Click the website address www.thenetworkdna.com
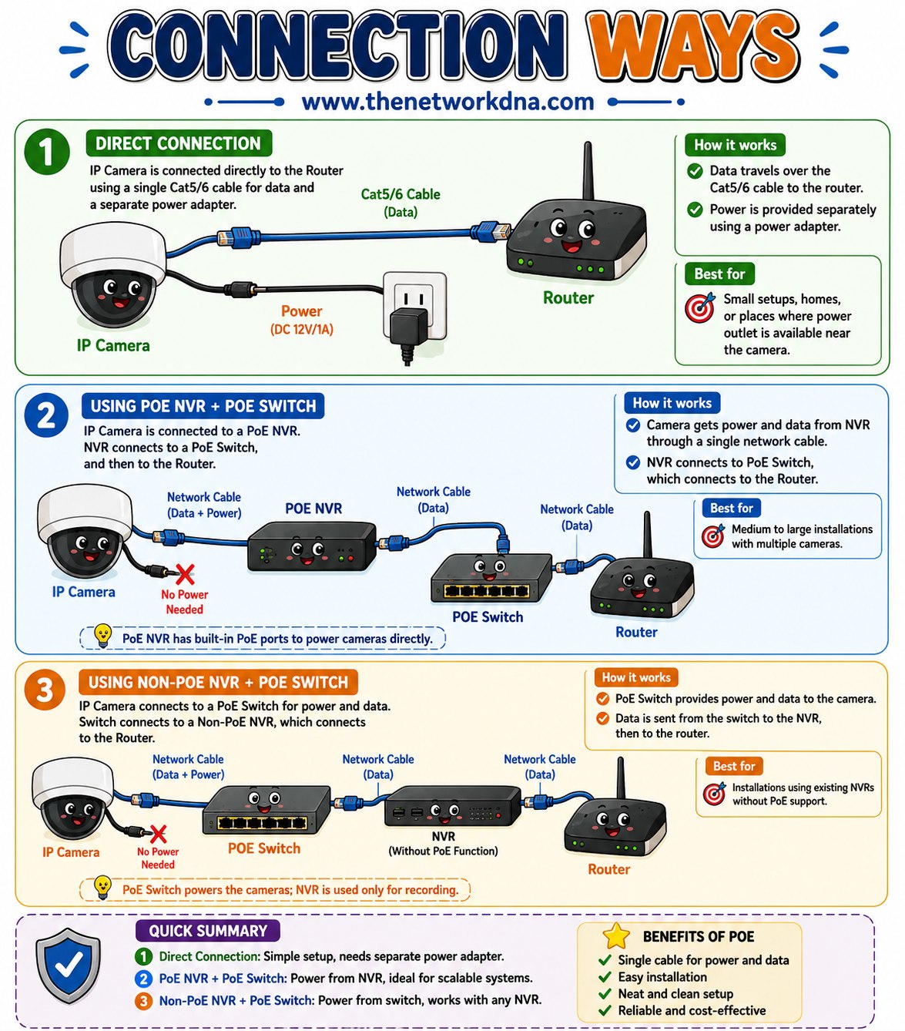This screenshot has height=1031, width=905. click(447, 101)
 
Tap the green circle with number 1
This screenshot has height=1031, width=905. click(47, 152)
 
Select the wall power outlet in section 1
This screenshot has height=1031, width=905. click(414, 305)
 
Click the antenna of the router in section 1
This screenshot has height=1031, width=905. click(588, 171)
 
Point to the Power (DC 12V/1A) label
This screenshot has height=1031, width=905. click(302, 320)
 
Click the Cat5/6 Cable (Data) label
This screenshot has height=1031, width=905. click(401, 203)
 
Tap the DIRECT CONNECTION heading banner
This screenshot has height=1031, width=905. click(179, 143)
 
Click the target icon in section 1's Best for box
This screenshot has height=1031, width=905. click(700, 307)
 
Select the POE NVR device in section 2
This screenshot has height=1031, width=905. click(312, 546)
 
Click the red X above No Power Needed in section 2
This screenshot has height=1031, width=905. click(184, 574)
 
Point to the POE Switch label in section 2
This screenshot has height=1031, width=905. click(488, 616)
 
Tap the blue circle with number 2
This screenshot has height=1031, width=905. click(46, 415)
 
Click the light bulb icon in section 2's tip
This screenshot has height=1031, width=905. click(102, 636)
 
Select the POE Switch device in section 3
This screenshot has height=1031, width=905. click(266, 811)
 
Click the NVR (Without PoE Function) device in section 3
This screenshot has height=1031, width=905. click(452, 807)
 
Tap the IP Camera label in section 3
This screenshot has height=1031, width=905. click(71, 852)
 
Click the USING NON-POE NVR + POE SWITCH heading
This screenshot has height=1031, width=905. click(218, 683)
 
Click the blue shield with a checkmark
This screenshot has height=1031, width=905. click(69, 966)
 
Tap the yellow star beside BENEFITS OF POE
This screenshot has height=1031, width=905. click(616, 935)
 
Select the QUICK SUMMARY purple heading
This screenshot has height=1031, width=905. click(207, 931)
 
